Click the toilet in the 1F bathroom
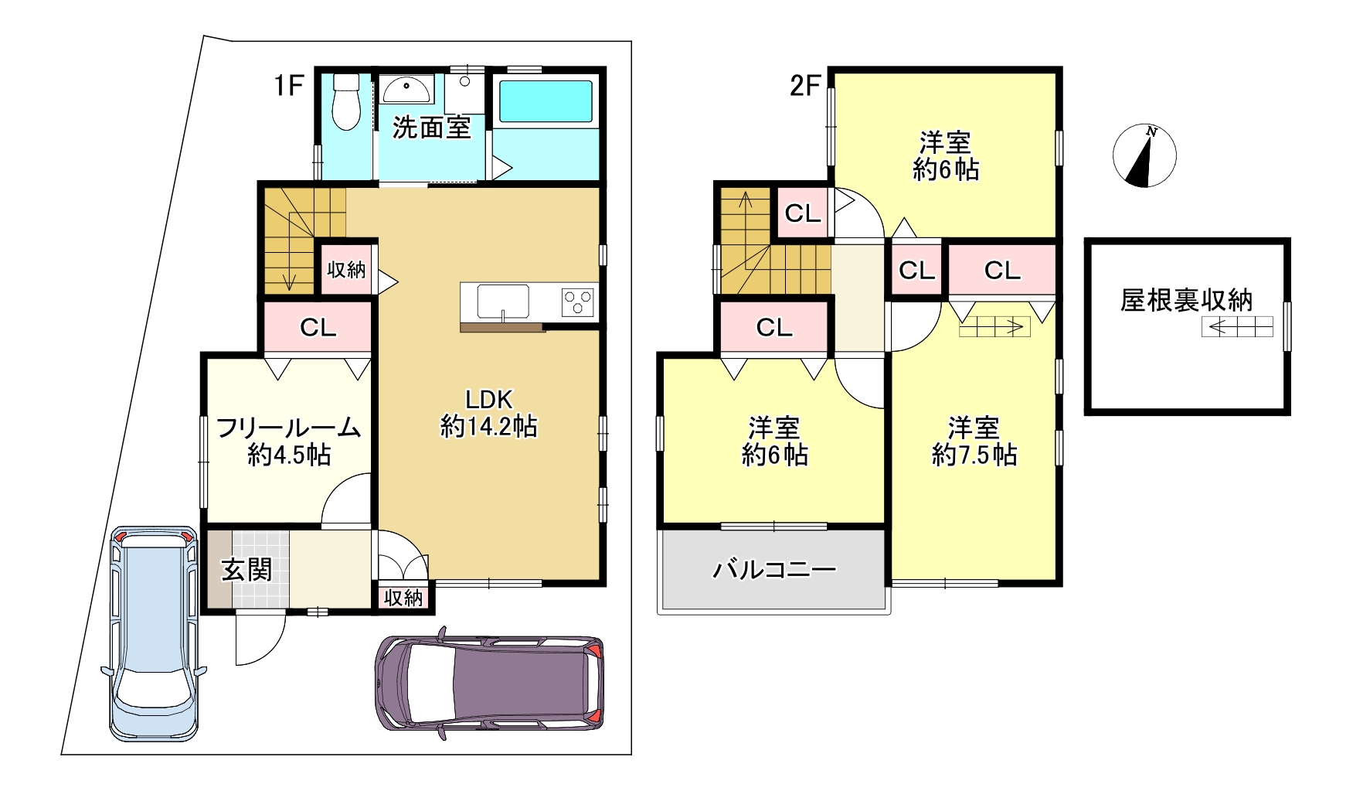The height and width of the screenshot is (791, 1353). (345, 103)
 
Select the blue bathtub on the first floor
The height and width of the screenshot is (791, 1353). (546, 101)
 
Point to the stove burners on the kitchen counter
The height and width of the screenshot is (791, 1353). (578, 302)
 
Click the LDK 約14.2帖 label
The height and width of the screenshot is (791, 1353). (489, 413)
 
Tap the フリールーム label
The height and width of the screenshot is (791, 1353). (289, 427)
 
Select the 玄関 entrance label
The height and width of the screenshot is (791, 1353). (247, 570)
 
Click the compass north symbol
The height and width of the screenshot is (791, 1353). (1144, 155)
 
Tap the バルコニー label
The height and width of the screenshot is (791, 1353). (774, 571)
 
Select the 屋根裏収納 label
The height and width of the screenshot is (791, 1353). (1186, 300)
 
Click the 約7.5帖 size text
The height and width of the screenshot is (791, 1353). (974, 455)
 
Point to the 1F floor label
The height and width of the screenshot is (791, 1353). (290, 85)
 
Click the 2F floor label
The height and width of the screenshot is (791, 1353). (804, 85)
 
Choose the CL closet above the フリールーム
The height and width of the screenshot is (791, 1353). (318, 328)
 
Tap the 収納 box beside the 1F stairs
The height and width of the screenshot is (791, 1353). (346, 270)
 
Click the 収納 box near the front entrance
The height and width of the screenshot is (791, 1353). (403, 597)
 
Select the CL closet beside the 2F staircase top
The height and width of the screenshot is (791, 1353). (802, 213)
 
